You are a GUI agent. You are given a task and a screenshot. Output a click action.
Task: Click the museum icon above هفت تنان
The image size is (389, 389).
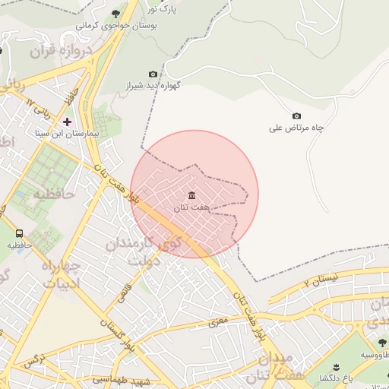pyautogui.click(x=191, y=196)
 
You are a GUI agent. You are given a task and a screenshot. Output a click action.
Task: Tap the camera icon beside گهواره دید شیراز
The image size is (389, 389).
pyautogui.click(x=153, y=74)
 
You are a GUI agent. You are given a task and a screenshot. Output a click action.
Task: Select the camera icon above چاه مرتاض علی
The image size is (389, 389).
pyautogui.click(x=296, y=115)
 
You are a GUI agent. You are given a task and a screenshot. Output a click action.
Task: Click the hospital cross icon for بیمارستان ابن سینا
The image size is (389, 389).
pyautogui.click(x=67, y=121)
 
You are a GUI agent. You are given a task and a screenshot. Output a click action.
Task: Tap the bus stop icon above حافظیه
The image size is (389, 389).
pyautogui.click(x=19, y=234)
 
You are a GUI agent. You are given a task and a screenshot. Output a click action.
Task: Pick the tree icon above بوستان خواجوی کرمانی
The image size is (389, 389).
pyautogui.click(x=115, y=14)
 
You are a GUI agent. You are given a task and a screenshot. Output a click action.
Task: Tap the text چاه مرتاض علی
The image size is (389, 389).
pyautogui.click(x=296, y=128)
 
